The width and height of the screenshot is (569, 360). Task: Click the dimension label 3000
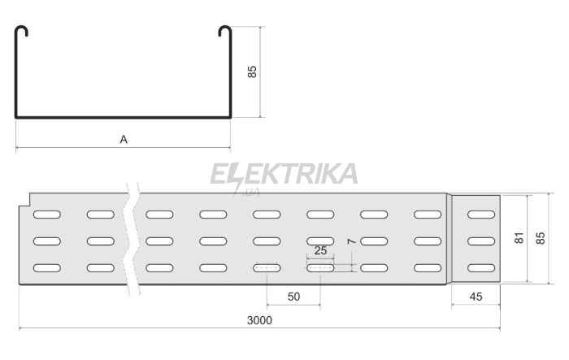click(x=259, y=320)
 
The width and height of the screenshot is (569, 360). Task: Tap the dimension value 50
click(x=293, y=297)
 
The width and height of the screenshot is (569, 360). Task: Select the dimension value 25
click(x=320, y=250)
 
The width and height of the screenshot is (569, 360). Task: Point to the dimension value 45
click(x=476, y=297)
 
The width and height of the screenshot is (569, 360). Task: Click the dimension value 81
click(x=519, y=238)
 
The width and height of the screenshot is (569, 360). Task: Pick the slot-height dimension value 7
click(x=351, y=241)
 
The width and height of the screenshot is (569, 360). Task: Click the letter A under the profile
click(x=124, y=139)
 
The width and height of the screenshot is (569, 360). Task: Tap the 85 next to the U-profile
click(x=252, y=72)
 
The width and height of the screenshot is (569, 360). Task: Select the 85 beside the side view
click(x=541, y=238)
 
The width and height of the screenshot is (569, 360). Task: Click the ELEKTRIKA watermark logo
click(x=284, y=176)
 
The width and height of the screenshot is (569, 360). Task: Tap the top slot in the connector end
click(x=481, y=215)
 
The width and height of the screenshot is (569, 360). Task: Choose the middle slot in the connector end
click(x=481, y=241)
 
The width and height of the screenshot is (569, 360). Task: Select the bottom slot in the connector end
click(x=481, y=268)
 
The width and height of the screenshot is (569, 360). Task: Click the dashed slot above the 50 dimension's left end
click(x=267, y=268)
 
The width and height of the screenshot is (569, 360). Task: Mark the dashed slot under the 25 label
click(x=320, y=268)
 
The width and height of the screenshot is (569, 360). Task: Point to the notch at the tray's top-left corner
click(x=24, y=200)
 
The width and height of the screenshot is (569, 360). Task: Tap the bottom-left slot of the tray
click(x=47, y=268)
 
